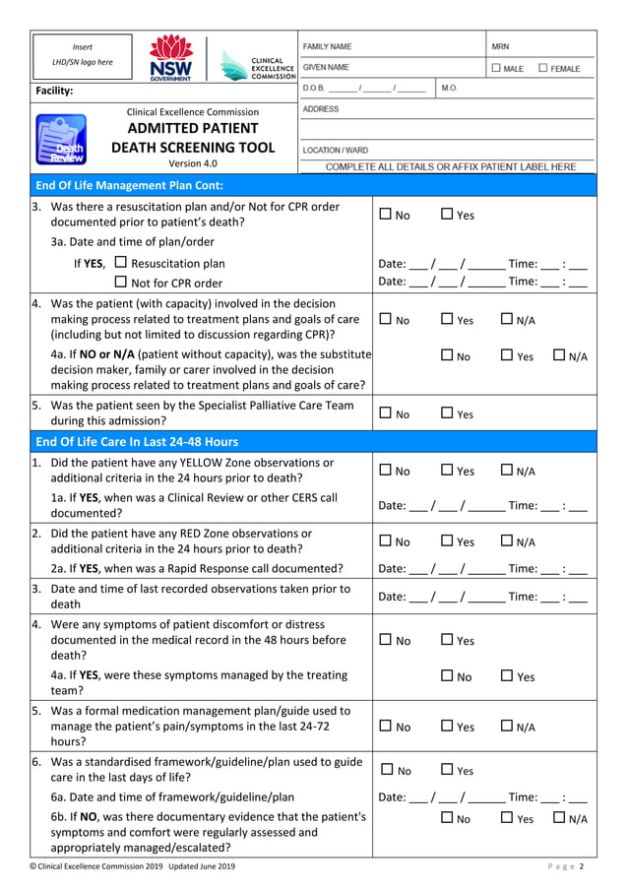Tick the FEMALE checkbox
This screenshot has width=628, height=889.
(543, 68)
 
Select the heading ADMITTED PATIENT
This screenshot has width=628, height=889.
(193, 128)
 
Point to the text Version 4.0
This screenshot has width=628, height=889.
(193, 163)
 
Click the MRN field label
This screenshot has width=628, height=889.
(500, 46)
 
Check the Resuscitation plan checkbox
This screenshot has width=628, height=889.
(120, 263)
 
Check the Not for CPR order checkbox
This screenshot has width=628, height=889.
(120, 283)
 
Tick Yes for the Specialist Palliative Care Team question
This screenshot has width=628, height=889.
(447, 413)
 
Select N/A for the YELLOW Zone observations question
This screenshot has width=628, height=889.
(507, 471)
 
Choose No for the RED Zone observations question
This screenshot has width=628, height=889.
(386, 541)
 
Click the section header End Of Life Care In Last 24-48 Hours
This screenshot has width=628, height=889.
(137, 442)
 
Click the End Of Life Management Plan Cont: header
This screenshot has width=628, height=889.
(129, 185)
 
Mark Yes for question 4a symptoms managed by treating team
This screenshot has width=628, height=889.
(507, 676)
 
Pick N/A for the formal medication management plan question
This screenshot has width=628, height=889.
(507, 727)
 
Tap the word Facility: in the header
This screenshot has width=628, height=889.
(55, 91)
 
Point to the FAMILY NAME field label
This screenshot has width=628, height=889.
(328, 46)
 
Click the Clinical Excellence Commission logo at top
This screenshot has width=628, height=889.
(257, 65)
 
